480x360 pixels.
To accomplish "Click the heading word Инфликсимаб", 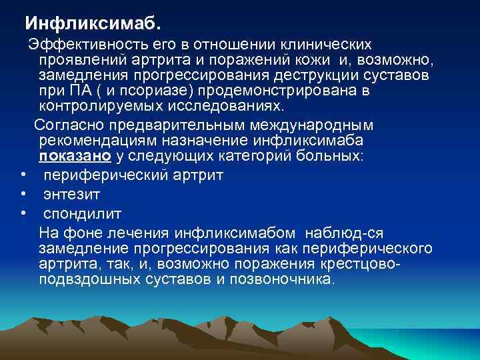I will [x=92, y=23].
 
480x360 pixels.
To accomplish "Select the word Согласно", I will [x=65, y=125].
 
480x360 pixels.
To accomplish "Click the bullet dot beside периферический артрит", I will [x=23, y=175].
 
